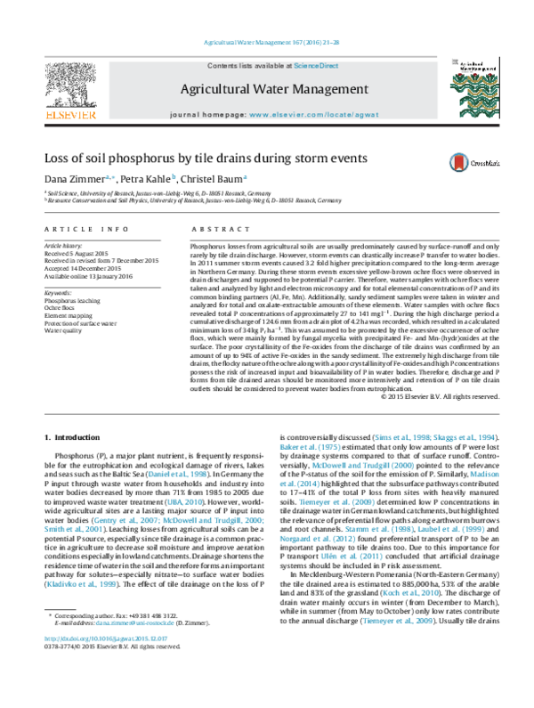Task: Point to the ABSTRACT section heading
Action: coord(212,231)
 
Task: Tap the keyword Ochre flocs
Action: coord(62,308)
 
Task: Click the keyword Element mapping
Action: coord(69,316)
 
